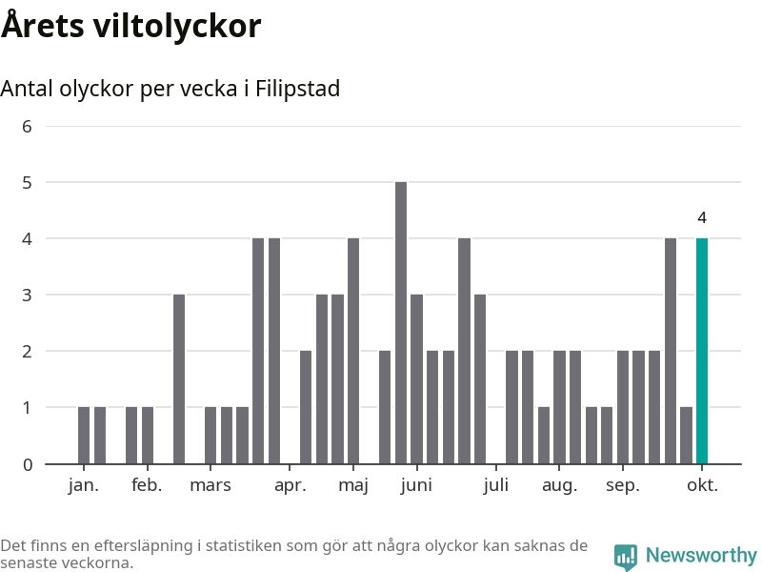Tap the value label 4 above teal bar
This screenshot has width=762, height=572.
pyautogui.click(x=702, y=218)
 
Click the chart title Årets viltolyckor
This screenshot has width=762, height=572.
pyautogui.click(x=130, y=27)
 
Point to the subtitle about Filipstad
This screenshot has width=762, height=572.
pyautogui.click(x=170, y=89)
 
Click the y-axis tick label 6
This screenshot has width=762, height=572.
pyautogui.click(x=27, y=126)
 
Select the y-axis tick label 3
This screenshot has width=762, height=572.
pyautogui.click(x=27, y=296)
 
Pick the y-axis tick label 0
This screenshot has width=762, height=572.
pyautogui.click(x=27, y=464)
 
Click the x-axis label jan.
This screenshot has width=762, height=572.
pyautogui.click(x=84, y=485)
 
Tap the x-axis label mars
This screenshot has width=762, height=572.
pyautogui.click(x=211, y=485)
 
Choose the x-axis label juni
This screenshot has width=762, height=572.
pyautogui.click(x=416, y=485)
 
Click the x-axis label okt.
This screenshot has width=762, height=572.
pyautogui.click(x=702, y=485)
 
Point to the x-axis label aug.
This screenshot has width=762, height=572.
pyautogui.click(x=559, y=485)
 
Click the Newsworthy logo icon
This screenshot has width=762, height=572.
pyautogui.click(x=626, y=556)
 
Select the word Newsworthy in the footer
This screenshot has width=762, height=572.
pyautogui.click(x=701, y=555)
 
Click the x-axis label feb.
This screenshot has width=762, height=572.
pyautogui.click(x=147, y=485)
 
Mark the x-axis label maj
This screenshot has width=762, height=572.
pyautogui.click(x=353, y=485)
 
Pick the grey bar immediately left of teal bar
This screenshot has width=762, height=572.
pyautogui.click(x=686, y=436)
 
